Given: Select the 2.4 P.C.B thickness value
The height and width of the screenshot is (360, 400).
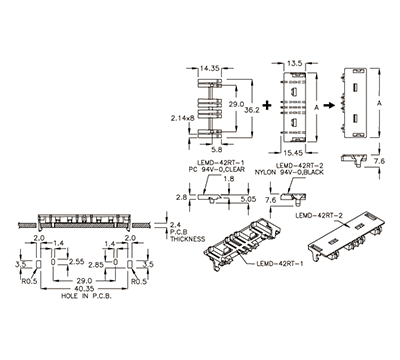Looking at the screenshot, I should (172, 224).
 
